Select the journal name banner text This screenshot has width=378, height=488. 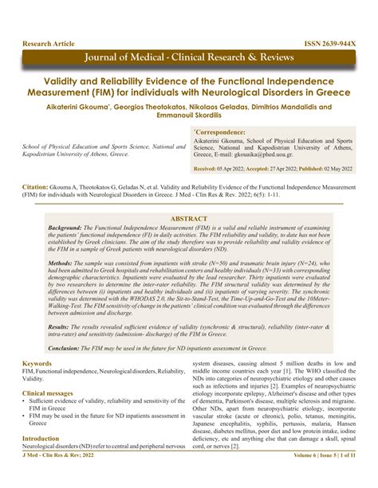click(x=188, y=59)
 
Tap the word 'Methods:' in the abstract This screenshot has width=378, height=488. click(x=61, y=283)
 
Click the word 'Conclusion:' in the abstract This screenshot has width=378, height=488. click(x=65, y=347)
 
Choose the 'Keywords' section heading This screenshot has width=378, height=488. click(x=37, y=363)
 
